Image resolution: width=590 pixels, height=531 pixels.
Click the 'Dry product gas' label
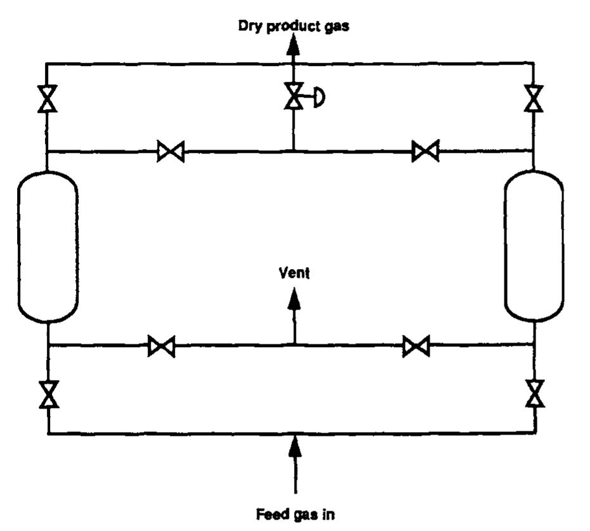pyautogui.click(x=293, y=27)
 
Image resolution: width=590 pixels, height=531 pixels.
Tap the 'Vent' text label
pyautogui.click(x=295, y=273)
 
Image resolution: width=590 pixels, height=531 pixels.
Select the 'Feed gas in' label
pyautogui.click(x=295, y=513)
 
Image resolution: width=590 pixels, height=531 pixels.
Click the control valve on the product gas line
pyautogui.click(x=293, y=97)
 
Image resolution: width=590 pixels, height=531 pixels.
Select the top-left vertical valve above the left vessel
pyautogui.click(x=48, y=98)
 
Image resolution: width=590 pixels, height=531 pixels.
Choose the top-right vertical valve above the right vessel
pyautogui.click(x=534, y=98)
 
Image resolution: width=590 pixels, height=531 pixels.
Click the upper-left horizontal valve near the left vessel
pyautogui.click(x=170, y=152)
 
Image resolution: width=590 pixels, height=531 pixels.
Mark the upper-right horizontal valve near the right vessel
pyautogui.click(x=425, y=152)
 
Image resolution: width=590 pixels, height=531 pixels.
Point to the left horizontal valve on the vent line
pyautogui.click(x=161, y=346)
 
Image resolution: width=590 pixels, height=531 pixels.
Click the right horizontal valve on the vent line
pyautogui.click(x=416, y=346)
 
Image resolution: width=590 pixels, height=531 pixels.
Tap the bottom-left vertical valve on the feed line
pyautogui.click(x=48, y=395)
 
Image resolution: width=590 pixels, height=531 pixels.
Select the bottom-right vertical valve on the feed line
pyautogui.click(x=535, y=394)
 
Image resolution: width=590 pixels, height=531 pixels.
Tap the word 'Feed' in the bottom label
pyautogui.click(x=269, y=513)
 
